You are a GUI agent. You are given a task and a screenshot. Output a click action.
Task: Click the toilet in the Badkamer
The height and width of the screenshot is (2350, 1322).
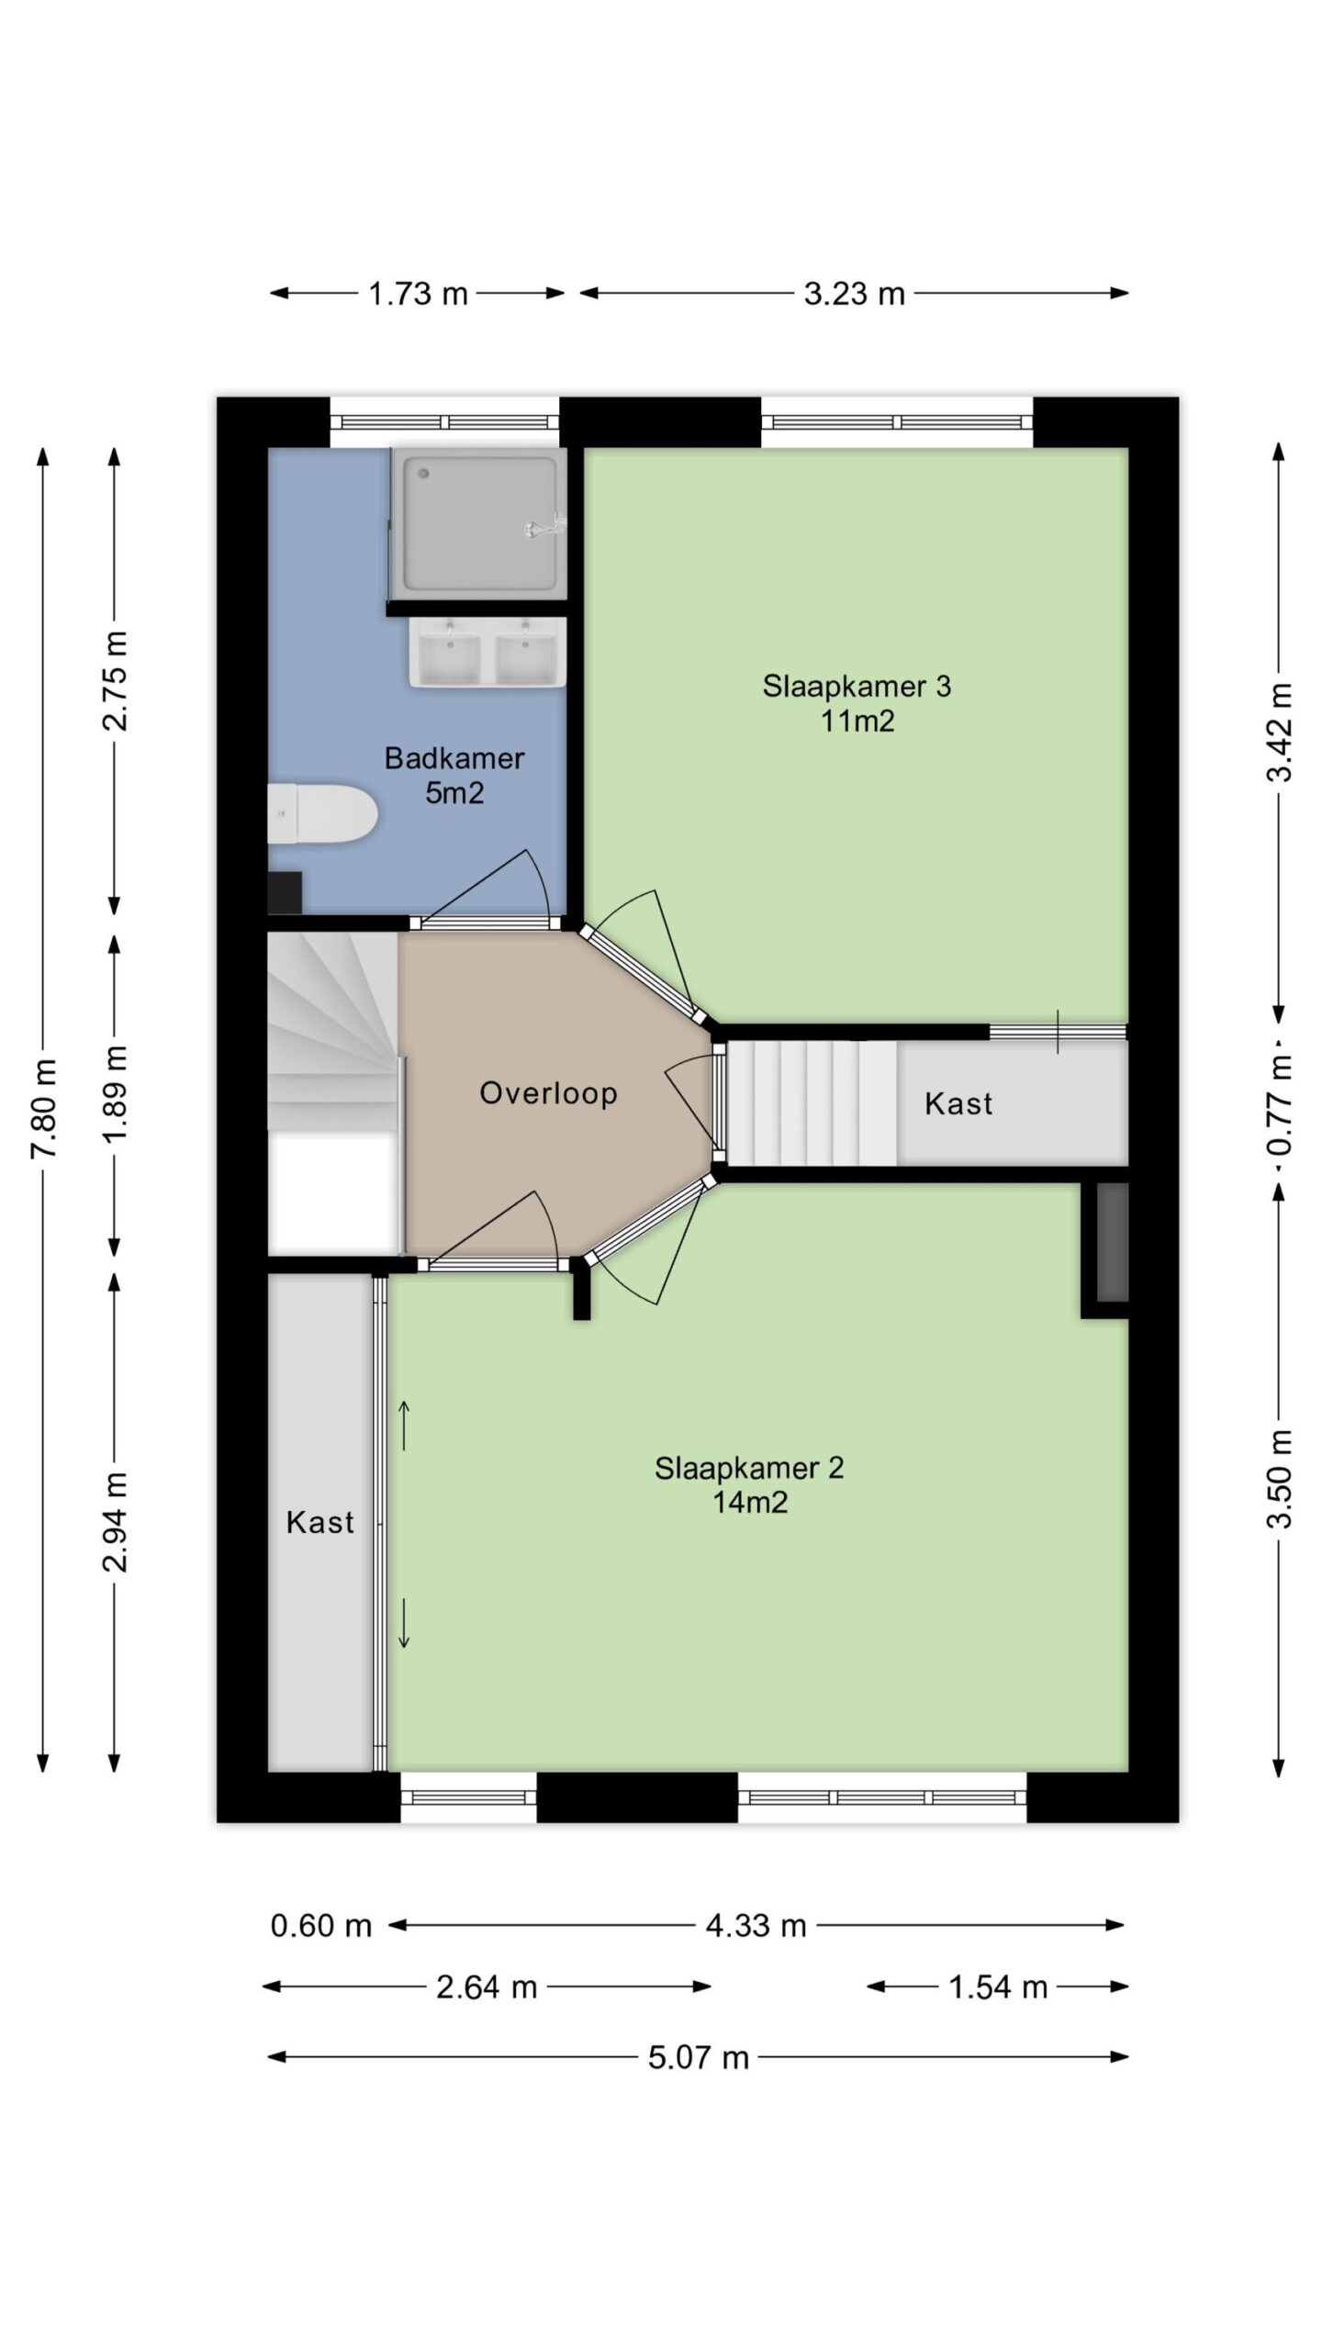[322, 813]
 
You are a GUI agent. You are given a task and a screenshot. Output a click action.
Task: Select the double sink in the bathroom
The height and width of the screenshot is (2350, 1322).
[487, 652]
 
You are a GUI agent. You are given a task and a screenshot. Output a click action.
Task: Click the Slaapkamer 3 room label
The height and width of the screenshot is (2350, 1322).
[857, 703]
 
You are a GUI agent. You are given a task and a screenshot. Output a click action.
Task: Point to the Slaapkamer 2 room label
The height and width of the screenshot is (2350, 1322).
[749, 1484]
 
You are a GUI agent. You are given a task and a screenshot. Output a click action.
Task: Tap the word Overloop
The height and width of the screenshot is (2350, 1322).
[548, 1092]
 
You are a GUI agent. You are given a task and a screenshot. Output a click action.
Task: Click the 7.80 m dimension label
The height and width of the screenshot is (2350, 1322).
[44, 1108]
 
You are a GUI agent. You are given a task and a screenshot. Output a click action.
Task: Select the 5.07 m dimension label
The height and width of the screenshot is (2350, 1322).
[699, 2057]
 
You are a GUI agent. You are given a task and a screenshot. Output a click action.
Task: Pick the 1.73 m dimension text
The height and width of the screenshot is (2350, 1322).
[418, 294]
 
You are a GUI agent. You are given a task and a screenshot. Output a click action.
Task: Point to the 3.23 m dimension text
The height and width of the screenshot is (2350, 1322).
[854, 294]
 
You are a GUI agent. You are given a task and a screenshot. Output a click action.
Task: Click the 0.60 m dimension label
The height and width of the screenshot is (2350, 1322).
[320, 1925]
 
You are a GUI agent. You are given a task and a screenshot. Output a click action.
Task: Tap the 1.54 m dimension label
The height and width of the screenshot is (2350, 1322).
[998, 1987]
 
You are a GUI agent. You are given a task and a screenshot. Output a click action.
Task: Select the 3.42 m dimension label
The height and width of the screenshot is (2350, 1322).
[1279, 732]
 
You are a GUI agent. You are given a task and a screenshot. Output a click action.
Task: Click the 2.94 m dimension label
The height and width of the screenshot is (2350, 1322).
[115, 1521]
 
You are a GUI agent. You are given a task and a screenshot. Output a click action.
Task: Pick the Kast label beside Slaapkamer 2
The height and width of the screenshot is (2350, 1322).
[319, 1522]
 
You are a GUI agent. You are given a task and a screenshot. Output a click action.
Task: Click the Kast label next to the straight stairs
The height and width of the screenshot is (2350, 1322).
[958, 1102]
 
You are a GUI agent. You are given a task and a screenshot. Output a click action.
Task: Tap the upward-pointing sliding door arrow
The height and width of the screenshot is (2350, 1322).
[404, 1425]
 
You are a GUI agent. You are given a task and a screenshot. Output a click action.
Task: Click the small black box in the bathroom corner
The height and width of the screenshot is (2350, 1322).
[285, 892]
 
